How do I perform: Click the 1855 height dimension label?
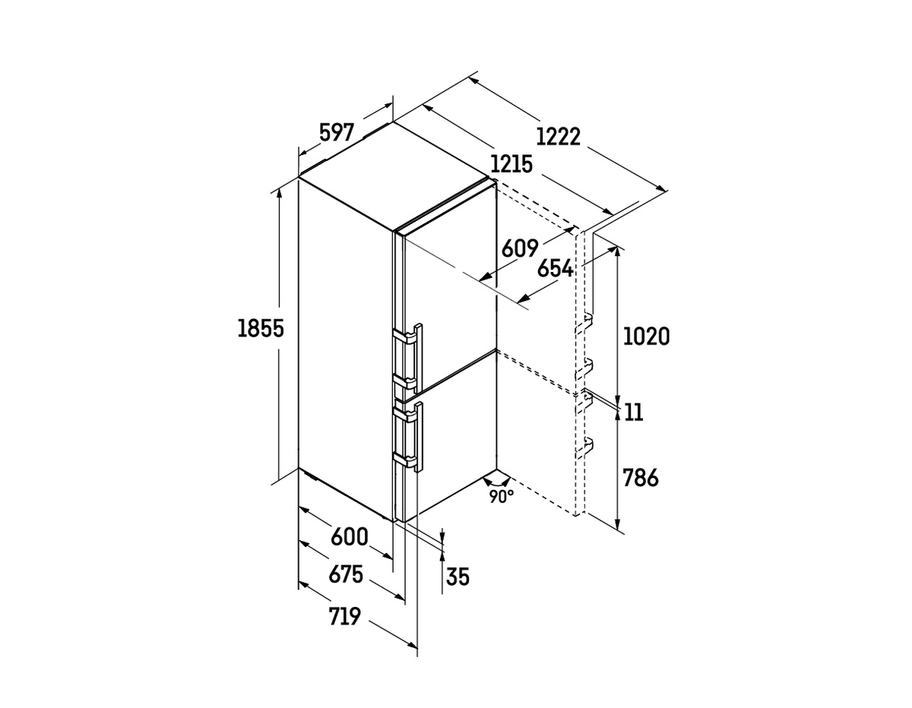[261, 328]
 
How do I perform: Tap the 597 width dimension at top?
[337, 132]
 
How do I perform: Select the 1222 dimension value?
[558, 137]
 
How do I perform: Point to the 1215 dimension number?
[511, 164]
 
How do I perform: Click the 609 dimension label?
[520, 248]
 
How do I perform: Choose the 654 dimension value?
[556, 268]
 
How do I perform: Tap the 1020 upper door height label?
[646, 337]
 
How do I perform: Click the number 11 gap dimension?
[634, 412]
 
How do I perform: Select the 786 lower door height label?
[641, 478]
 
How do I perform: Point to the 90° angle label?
[501, 497]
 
